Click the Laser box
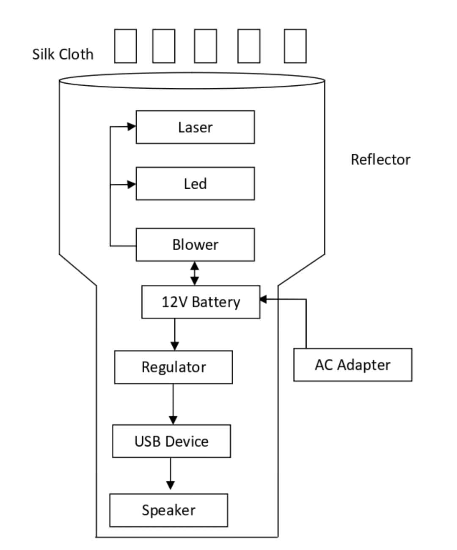195,127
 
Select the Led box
195,184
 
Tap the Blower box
195,245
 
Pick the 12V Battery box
201,302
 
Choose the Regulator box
173,367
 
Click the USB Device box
171,441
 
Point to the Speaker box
168,510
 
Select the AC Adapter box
352,365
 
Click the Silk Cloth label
63,54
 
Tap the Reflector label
380,160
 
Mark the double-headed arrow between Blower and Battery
195,273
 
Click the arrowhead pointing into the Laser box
132,127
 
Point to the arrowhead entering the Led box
132,184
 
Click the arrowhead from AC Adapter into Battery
264,300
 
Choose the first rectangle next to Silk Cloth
125,46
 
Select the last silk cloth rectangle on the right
295,46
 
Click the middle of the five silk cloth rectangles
206,46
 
